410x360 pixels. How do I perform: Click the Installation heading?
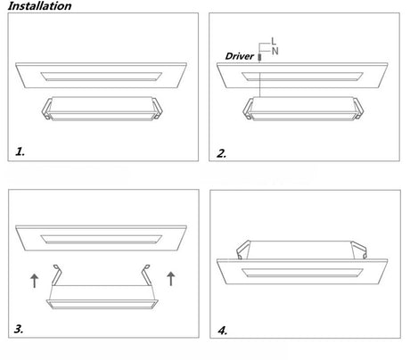[39, 6]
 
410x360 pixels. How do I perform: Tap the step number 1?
[20, 151]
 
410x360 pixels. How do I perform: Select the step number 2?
[222, 153]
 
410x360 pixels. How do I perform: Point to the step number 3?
[19, 329]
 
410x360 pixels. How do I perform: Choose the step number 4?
[223, 331]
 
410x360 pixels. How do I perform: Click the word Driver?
[240, 56]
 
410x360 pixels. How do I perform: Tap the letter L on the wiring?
[274, 41]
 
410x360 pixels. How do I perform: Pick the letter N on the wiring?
[275, 51]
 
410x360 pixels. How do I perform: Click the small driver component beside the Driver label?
[259, 57]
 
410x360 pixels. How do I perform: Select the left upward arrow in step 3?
[35, 281]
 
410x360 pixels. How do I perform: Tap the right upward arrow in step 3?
[171, 279]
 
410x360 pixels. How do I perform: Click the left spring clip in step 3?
[56, 274]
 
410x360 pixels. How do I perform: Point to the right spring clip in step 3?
[146, 274]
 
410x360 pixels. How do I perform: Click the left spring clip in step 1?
[47, 109]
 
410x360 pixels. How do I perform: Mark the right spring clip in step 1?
[157, 108]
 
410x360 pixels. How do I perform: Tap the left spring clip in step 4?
[242, 250]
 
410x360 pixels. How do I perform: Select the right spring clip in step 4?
[359, 250]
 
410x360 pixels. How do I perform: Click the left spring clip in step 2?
[248, 109]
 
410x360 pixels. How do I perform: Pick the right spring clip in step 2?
[358, 109]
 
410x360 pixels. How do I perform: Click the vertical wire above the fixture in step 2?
[260, 79]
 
